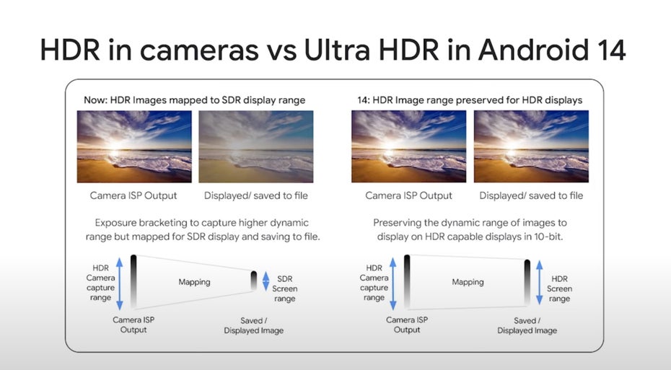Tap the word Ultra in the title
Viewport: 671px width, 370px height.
tap(337, 50)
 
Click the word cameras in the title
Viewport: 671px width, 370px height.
tap(199, 52)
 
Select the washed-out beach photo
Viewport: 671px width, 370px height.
tap(256, 146)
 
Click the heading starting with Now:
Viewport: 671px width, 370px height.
tap(195, 100)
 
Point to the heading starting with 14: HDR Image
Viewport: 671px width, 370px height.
tap(470, 100)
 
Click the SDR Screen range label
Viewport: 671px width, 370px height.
tap(284, 288)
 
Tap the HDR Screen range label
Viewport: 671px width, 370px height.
tap(559, 288)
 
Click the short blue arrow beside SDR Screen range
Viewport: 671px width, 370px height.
tap(266, 281)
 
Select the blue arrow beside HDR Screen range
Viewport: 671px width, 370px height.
tap(540, 282)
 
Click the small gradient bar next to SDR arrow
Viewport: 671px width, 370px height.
tap(254, 281)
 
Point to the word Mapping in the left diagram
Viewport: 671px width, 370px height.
tap(194, 282)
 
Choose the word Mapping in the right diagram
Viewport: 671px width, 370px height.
tap(468, 282)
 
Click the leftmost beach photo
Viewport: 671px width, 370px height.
tap(134, 146)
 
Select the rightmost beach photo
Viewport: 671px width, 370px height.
tap(531, 146)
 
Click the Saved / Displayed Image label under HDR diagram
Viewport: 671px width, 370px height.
tap(527, 325)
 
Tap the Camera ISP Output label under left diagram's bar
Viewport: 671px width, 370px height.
tap(133, 325)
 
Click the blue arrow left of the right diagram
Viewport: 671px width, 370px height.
tap(392, 284)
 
